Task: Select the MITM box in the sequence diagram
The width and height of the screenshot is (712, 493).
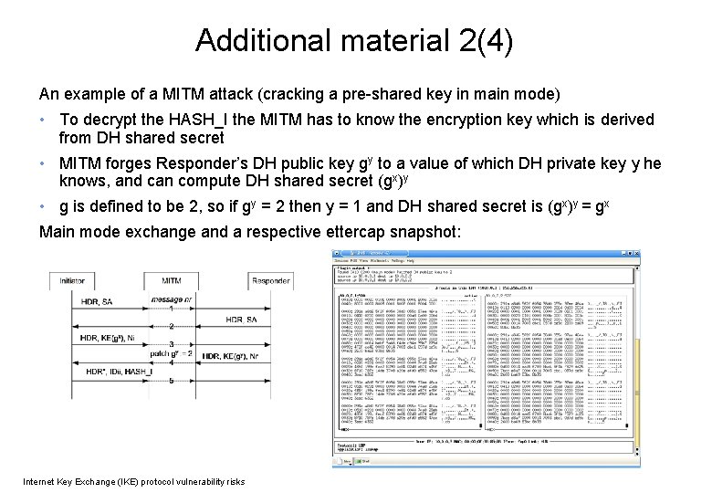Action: point(171,281)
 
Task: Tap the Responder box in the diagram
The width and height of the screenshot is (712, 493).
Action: point(270,281)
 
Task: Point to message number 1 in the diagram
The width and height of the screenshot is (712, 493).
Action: point(171,309)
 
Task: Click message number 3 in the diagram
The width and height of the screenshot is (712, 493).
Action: point(171,345)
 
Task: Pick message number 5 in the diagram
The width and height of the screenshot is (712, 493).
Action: point(171,381)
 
